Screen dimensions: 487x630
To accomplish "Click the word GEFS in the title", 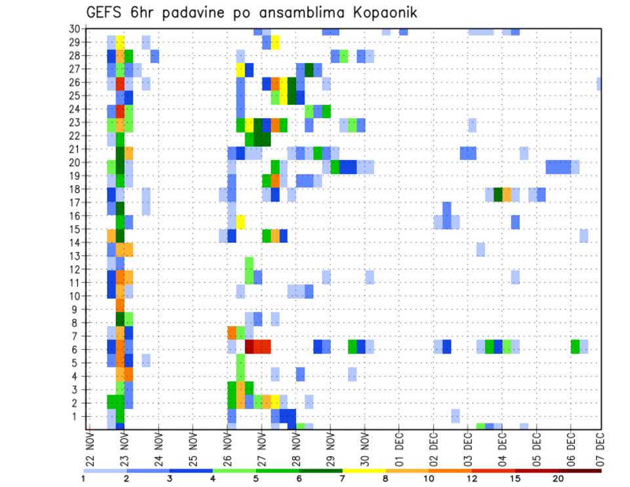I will (105, 12).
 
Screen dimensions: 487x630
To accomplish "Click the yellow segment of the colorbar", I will (364, 471).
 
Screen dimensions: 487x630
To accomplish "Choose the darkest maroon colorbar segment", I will (580, 471).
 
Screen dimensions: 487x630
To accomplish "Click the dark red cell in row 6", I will (249, 346).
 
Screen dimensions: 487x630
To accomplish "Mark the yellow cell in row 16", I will (241, 222).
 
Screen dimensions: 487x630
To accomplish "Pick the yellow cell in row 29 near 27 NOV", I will (275, 42).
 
